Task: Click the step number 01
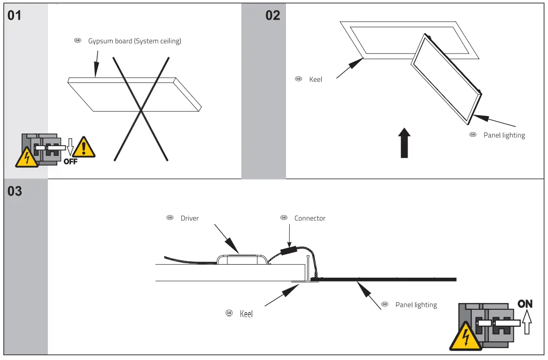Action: click(x=15, y=16)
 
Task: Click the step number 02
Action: click(x=273, y=16)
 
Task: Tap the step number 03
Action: click(x=15, y=191)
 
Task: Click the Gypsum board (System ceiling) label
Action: click(x=134, y=41)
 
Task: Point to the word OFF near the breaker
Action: click(x=70, y=162)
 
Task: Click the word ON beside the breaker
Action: click(x=525, y=304)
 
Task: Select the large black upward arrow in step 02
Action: click(x=404, y=144)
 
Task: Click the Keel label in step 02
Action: click(x=316, y=79)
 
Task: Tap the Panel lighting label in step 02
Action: click(x=504, y=135)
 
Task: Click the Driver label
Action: click(x=190, y=218)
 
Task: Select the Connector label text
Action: click(x=309, y=218)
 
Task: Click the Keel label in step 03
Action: click(x=246, y=313)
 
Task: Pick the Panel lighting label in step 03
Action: click(x=416, y=305)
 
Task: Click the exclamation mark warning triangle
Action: click(x=84, y=148)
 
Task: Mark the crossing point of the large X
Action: click(x=140, y=110)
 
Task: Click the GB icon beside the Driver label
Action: click(x=170, y=218)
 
